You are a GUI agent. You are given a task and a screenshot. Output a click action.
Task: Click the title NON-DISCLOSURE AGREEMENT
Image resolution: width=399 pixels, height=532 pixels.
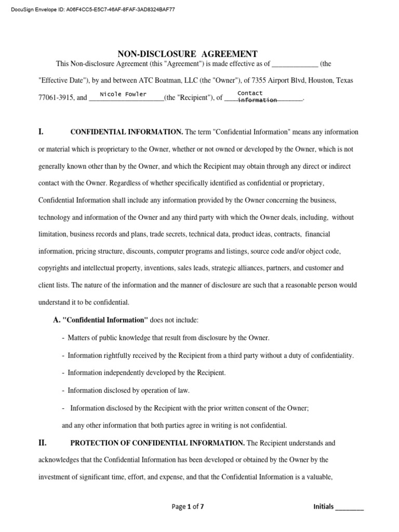[x=188, y=54]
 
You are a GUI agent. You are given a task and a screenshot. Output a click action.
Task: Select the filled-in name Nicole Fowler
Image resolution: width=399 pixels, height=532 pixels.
[x=123, y=94]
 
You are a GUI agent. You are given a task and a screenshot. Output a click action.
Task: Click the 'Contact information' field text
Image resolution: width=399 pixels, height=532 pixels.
[x=257, y=96]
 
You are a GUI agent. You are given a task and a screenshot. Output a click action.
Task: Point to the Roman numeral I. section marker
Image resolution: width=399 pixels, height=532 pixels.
[x=42, y=132]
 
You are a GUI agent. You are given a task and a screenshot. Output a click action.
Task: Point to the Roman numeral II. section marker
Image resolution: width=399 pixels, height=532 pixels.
[x=43, y=443]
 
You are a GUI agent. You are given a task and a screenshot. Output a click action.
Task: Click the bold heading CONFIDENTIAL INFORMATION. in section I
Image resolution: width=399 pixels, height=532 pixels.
[x=126, y=132]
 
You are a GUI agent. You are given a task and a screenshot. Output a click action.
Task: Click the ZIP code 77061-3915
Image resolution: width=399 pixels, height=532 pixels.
[x=57, y=97]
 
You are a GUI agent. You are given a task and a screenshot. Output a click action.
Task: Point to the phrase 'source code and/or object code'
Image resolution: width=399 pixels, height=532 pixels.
[x=295, y=251]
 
